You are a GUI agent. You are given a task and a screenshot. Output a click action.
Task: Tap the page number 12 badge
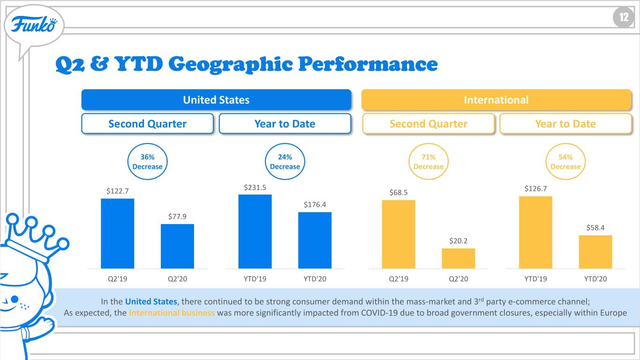point(624,18)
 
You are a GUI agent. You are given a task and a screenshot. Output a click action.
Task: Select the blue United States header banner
point(216,100)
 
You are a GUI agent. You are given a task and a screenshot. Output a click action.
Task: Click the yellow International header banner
point(496,100)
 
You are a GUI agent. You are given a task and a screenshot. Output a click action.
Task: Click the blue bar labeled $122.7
point(117,233)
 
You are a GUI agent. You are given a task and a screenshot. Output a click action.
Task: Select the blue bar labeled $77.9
point(177,246)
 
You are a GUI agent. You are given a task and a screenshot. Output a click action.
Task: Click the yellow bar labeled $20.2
point(459,258)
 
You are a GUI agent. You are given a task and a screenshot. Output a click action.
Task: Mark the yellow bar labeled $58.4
point(595,252)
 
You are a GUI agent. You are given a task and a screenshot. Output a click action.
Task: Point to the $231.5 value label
point(255,187)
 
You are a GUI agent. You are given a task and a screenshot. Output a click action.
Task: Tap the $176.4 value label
point(315,204)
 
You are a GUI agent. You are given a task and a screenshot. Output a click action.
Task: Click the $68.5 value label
point(399,193)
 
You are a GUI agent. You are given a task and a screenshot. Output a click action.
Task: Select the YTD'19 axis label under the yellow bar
point(535,279)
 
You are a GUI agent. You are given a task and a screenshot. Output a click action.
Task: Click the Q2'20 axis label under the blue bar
point(177,279)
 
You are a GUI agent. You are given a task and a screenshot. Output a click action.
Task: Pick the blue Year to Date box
point(285,124)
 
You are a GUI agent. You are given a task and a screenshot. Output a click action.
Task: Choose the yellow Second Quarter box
point(428,124)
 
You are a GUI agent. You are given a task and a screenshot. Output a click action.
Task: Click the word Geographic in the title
point(231,65)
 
